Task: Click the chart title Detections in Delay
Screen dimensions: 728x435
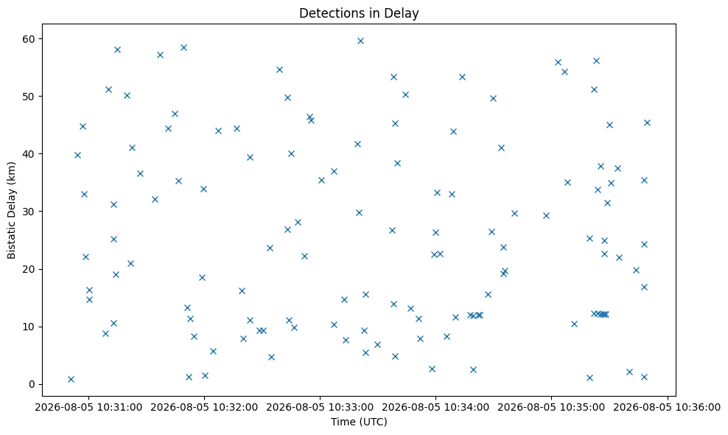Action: coord(359,13)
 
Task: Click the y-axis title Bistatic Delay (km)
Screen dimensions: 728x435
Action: coord(11,211)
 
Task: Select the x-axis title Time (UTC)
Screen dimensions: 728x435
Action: coord(359,422)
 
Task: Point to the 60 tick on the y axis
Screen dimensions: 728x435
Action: coord(29,38)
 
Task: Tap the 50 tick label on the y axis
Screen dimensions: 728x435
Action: coord(29,96)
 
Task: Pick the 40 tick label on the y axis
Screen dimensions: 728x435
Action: coord(29,154)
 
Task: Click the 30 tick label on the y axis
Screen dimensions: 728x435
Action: coord(29,212)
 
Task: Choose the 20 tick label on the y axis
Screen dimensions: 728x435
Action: coord(29,269)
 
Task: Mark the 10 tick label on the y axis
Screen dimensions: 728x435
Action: coord(29,327)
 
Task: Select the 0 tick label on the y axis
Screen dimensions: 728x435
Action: coord(32,384)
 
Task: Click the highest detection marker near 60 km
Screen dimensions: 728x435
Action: coord(360,41)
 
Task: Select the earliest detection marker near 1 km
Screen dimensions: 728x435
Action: coord(71,379)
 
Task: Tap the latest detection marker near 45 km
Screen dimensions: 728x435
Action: coord(647,122)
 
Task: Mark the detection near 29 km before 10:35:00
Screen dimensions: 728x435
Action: coord(546,215)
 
